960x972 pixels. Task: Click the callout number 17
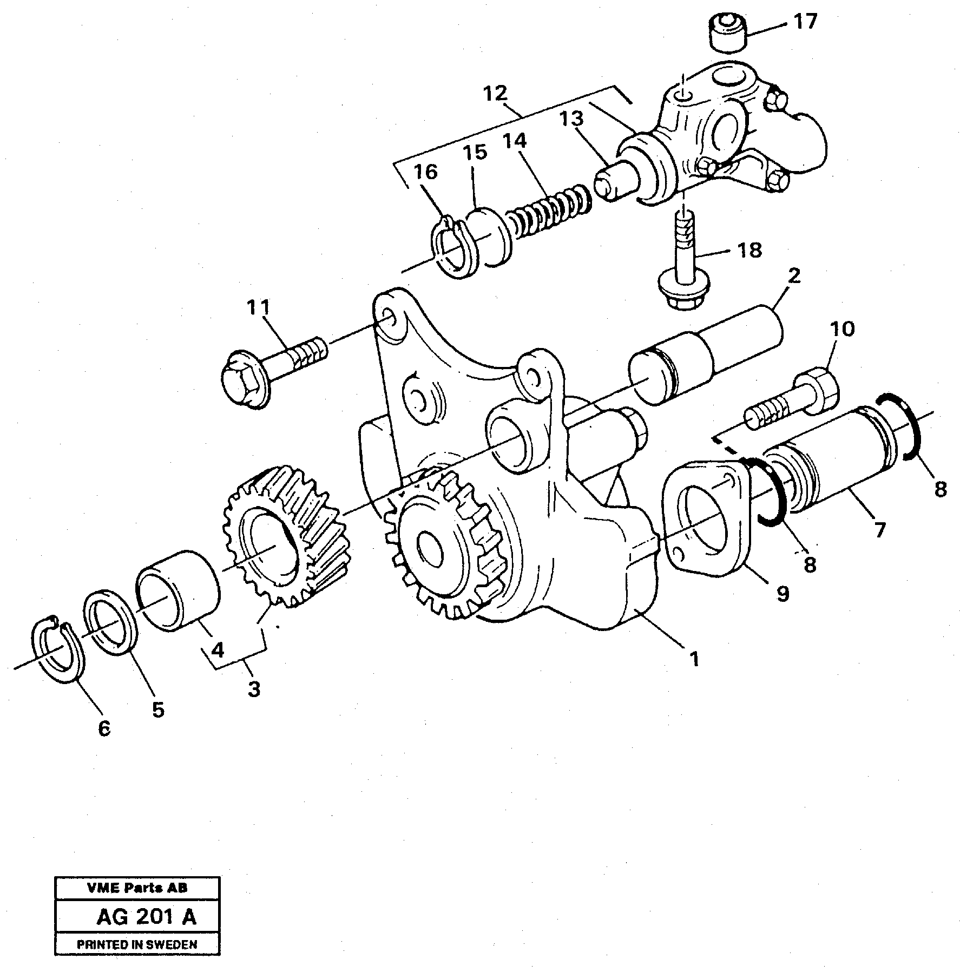click(805, 23)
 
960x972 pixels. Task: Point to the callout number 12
click(496, 94)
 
